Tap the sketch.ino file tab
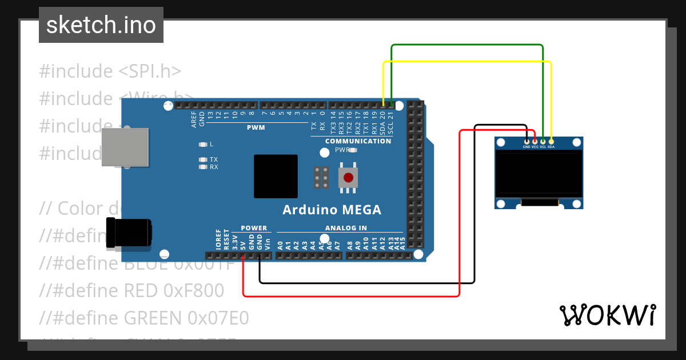pos(101,25)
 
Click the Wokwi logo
pos(607,315)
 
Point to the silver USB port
pos(125,147)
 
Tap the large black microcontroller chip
pos(276,176)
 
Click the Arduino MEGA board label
pos(332,210)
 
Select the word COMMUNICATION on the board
pos(358,141)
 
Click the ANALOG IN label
pos(346,228)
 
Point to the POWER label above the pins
pos(254,228)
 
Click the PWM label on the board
pos(256,127)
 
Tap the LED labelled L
pos(202,144)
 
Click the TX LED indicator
pos(202,160)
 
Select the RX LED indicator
pos(202,167)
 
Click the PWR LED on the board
pos(353,150)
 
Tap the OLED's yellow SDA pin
pos(551,141)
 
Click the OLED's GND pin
pos(527,141)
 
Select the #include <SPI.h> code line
pos(110,71)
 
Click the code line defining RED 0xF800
pos(131,291)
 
